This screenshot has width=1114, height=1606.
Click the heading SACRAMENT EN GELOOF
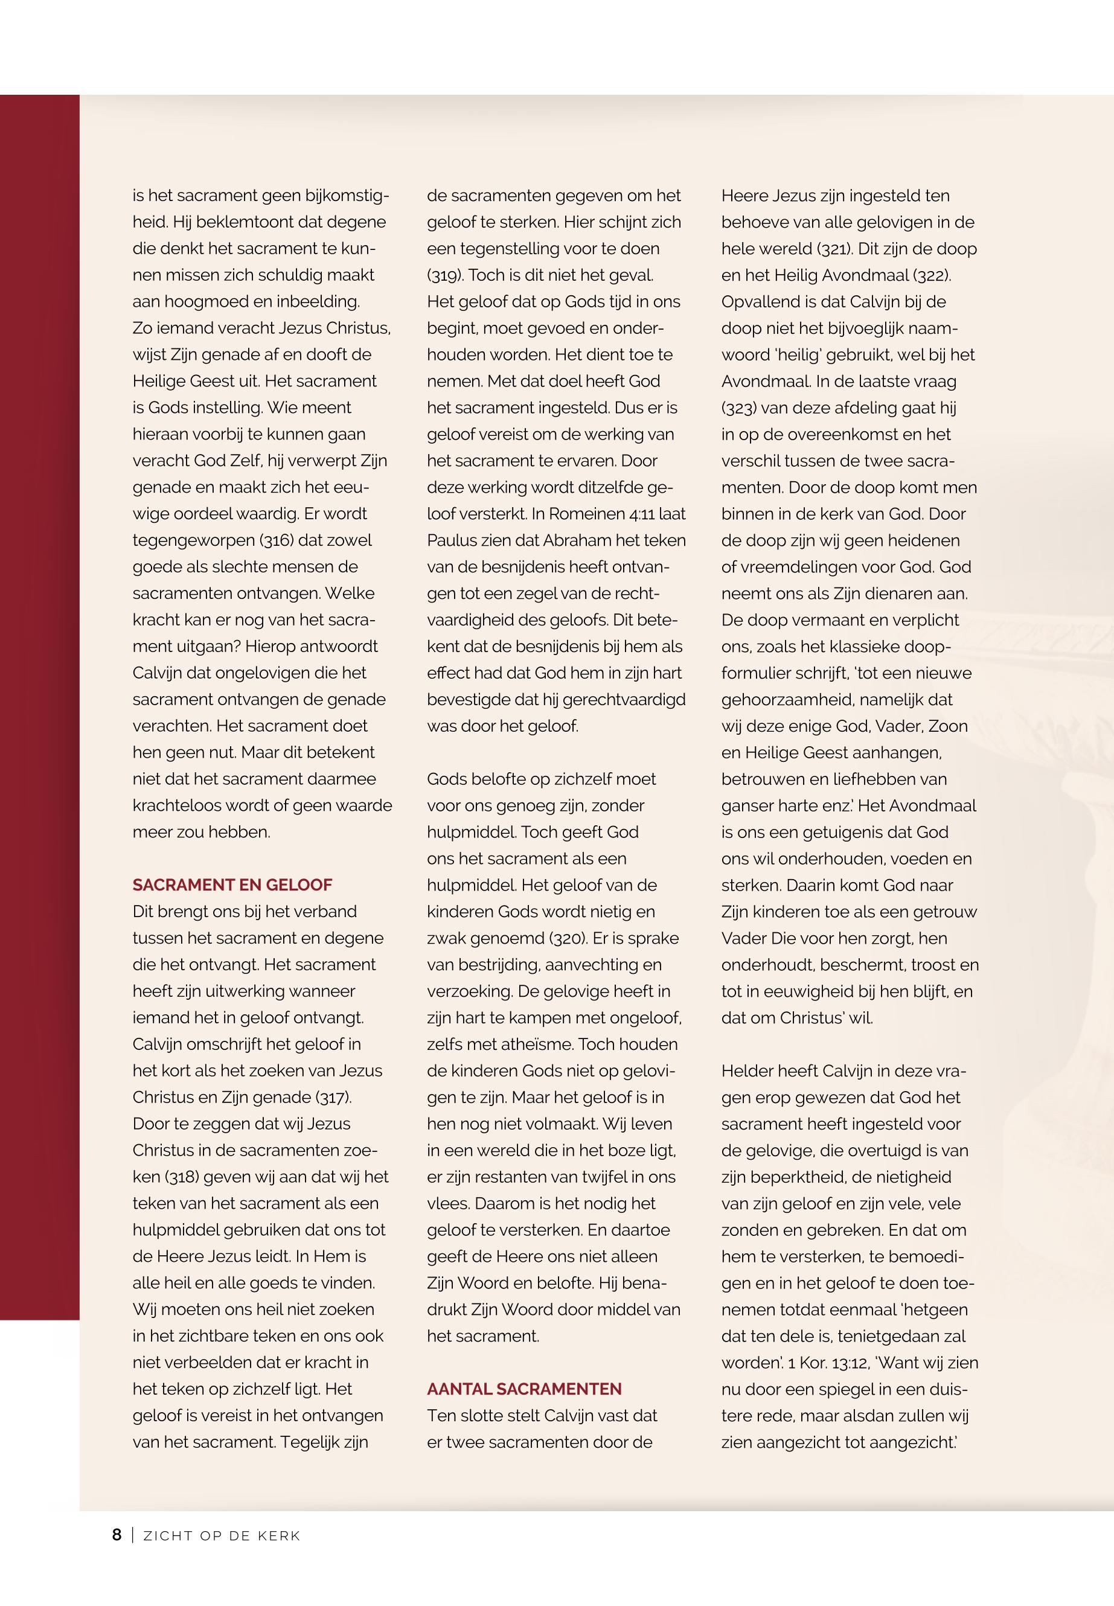(232, 885)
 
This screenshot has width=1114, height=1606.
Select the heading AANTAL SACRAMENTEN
(524, 1389)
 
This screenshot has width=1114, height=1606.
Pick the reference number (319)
(444, 275)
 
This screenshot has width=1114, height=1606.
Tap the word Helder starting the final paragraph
(747, 1070)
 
